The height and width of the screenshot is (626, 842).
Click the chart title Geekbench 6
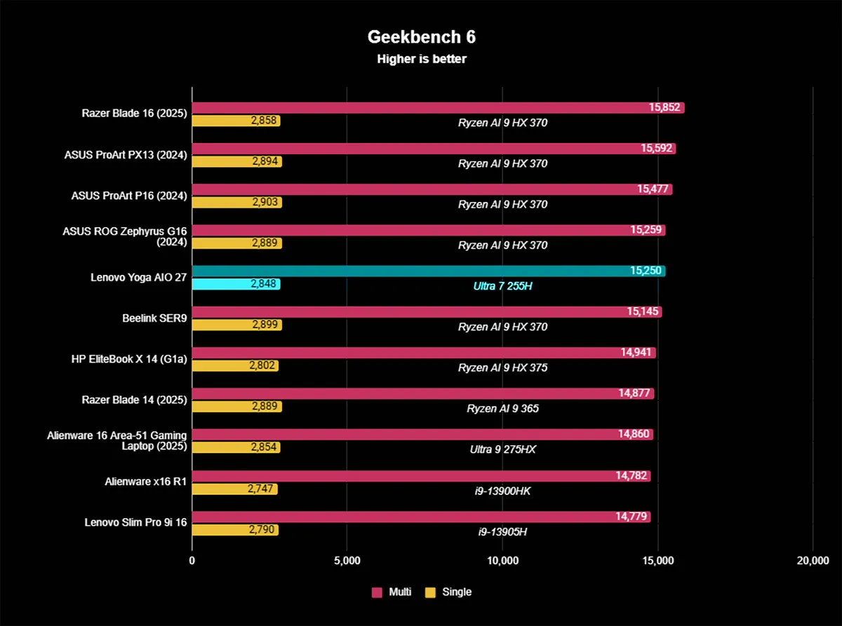pyautogui.click(x=421, y=37)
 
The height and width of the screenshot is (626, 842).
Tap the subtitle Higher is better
pyautogui.click(x=421, y=59)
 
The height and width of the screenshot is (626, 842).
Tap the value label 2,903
pyautogui.click(x=265, y=203)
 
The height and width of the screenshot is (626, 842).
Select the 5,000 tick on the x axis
pyautogui.click(x=347, y=560)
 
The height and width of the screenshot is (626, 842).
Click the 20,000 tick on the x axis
pyautogui.click(x=813, y=560)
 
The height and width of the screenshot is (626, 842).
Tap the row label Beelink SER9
pyautogui.click(x=154, y=318)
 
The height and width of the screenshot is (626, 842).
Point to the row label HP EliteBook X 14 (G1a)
pyautogui.click(x=129, y=359)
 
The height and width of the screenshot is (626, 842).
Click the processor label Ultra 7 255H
pyautogui.click(x=502, y=286)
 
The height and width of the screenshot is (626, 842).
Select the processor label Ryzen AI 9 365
pyautogui.click(x=502, y=408)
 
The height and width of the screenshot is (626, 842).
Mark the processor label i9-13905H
pyautogui.click(x=502, y=531)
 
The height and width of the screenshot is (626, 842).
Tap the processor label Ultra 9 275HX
pyautogui.click(x=502, y=449)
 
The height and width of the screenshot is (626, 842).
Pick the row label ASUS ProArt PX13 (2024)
pyautogui.click(x=129, y=155)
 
